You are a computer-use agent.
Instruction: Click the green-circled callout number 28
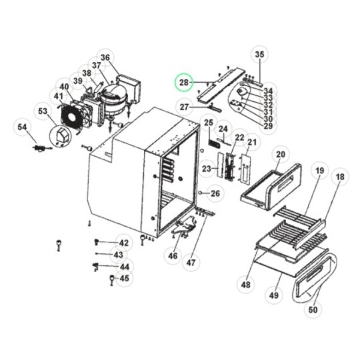point(184,83)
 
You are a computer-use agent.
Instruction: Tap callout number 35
point(260,55)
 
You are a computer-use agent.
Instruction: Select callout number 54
point(22,127)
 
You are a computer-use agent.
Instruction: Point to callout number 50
point(313,310)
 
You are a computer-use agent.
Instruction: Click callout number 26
point(215,193)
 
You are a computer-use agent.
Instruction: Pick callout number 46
point(173,255)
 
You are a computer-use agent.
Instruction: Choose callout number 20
point(280,154)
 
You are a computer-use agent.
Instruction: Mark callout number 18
point(340,177)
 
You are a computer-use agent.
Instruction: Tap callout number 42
point(124,243)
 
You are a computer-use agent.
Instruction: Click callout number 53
point(43,111)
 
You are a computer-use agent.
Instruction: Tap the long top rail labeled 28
point(221,85)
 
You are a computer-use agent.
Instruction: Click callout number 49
point(274,295)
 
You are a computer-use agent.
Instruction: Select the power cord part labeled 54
point(42,148)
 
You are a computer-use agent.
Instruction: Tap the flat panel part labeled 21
point(245,168)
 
